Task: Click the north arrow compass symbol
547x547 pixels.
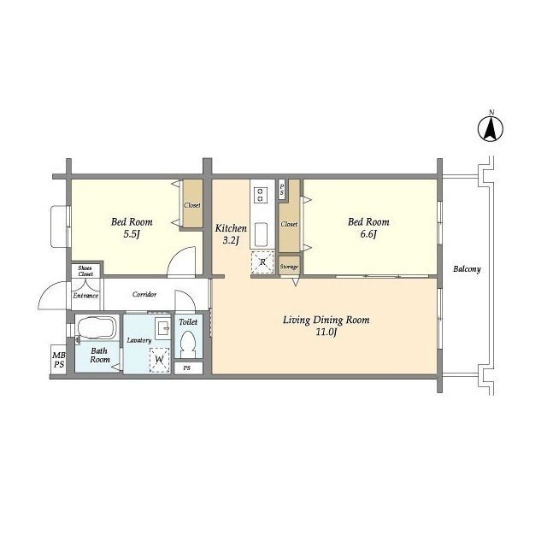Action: click(x=490, y=128)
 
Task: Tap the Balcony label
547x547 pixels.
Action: click(x=467, y=269)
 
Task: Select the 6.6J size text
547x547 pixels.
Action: click(x=368, y=234)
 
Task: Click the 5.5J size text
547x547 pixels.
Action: click(x=132, y=234)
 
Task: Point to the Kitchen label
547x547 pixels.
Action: click(x=231, y=228)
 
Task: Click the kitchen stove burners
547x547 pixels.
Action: click(x=260, y=195)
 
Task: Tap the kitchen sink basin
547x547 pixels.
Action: click(x=261, y=234)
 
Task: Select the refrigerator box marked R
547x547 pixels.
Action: click(x=262, y=262)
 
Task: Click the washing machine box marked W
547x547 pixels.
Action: click(x=160, y=360)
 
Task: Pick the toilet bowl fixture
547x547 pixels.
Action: click(x=188, y=344)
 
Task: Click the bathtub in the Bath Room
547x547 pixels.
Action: click(x=97, y=328)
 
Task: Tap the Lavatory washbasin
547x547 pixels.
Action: click(x=162, y=328)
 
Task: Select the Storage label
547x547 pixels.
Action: click(x=289, y=267)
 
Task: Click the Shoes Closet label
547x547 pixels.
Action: click(x=85, y=271)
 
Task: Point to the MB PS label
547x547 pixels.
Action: click(x=59, y=360)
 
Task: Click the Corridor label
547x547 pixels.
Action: click(x=144, y=294)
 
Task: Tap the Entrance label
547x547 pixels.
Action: click(x=85, y=296)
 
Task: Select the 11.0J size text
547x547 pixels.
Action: click(x=326, y=332)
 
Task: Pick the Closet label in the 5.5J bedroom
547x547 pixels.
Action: click(x=192, y=205)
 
